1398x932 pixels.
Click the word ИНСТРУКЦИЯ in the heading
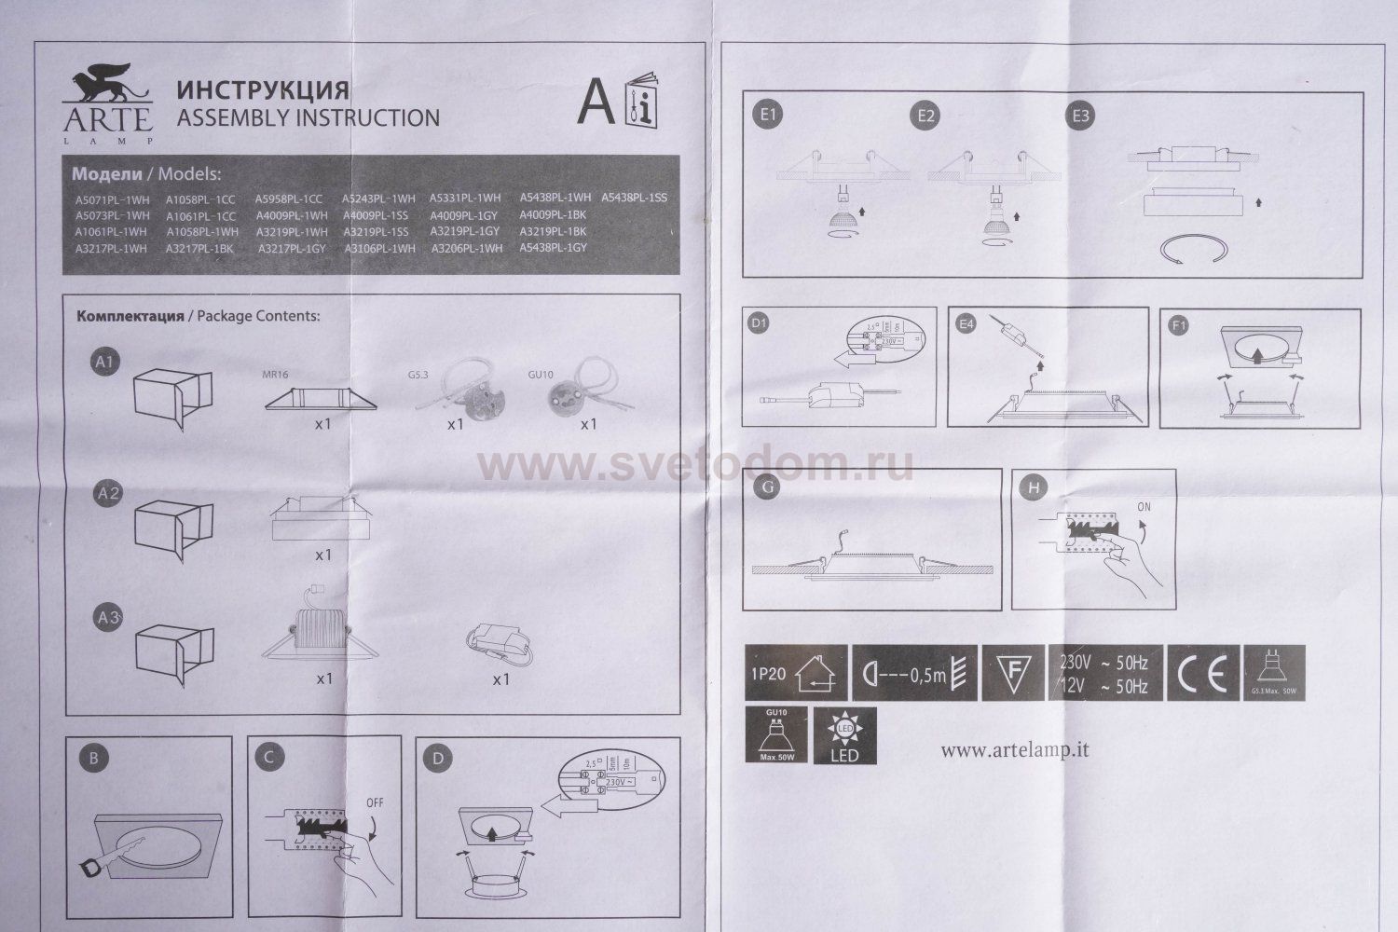[263, 90]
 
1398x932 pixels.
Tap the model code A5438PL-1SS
[634, 198]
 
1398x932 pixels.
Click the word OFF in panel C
[376, 802]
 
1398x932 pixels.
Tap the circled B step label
[93, 759]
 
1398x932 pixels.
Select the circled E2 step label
[926, 116]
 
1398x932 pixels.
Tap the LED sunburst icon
[844, 735]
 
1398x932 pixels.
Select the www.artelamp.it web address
[1015, 748]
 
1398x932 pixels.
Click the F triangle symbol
[1010, 673]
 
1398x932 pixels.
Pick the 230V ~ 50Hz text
[1103, 663]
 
